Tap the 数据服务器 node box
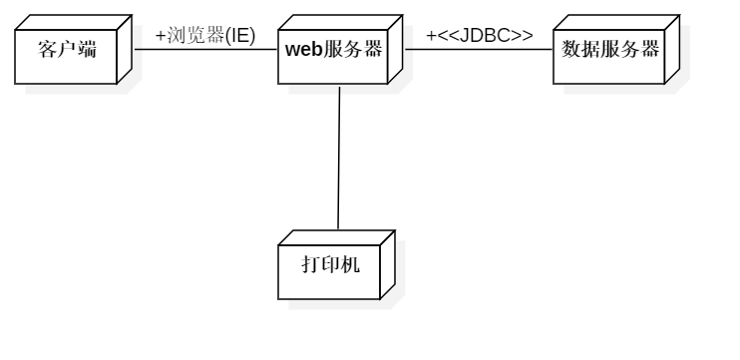tap(609, 56)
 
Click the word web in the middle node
tap(304, 49)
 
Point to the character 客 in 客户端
tap(48, 49)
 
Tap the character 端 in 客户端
tap(88, 49)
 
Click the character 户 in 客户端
tap(68, 49)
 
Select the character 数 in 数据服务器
tap(571, 49)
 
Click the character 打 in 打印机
tap(311, 264)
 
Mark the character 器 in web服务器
tap(373, 49)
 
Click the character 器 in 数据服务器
tap(650, 49)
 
